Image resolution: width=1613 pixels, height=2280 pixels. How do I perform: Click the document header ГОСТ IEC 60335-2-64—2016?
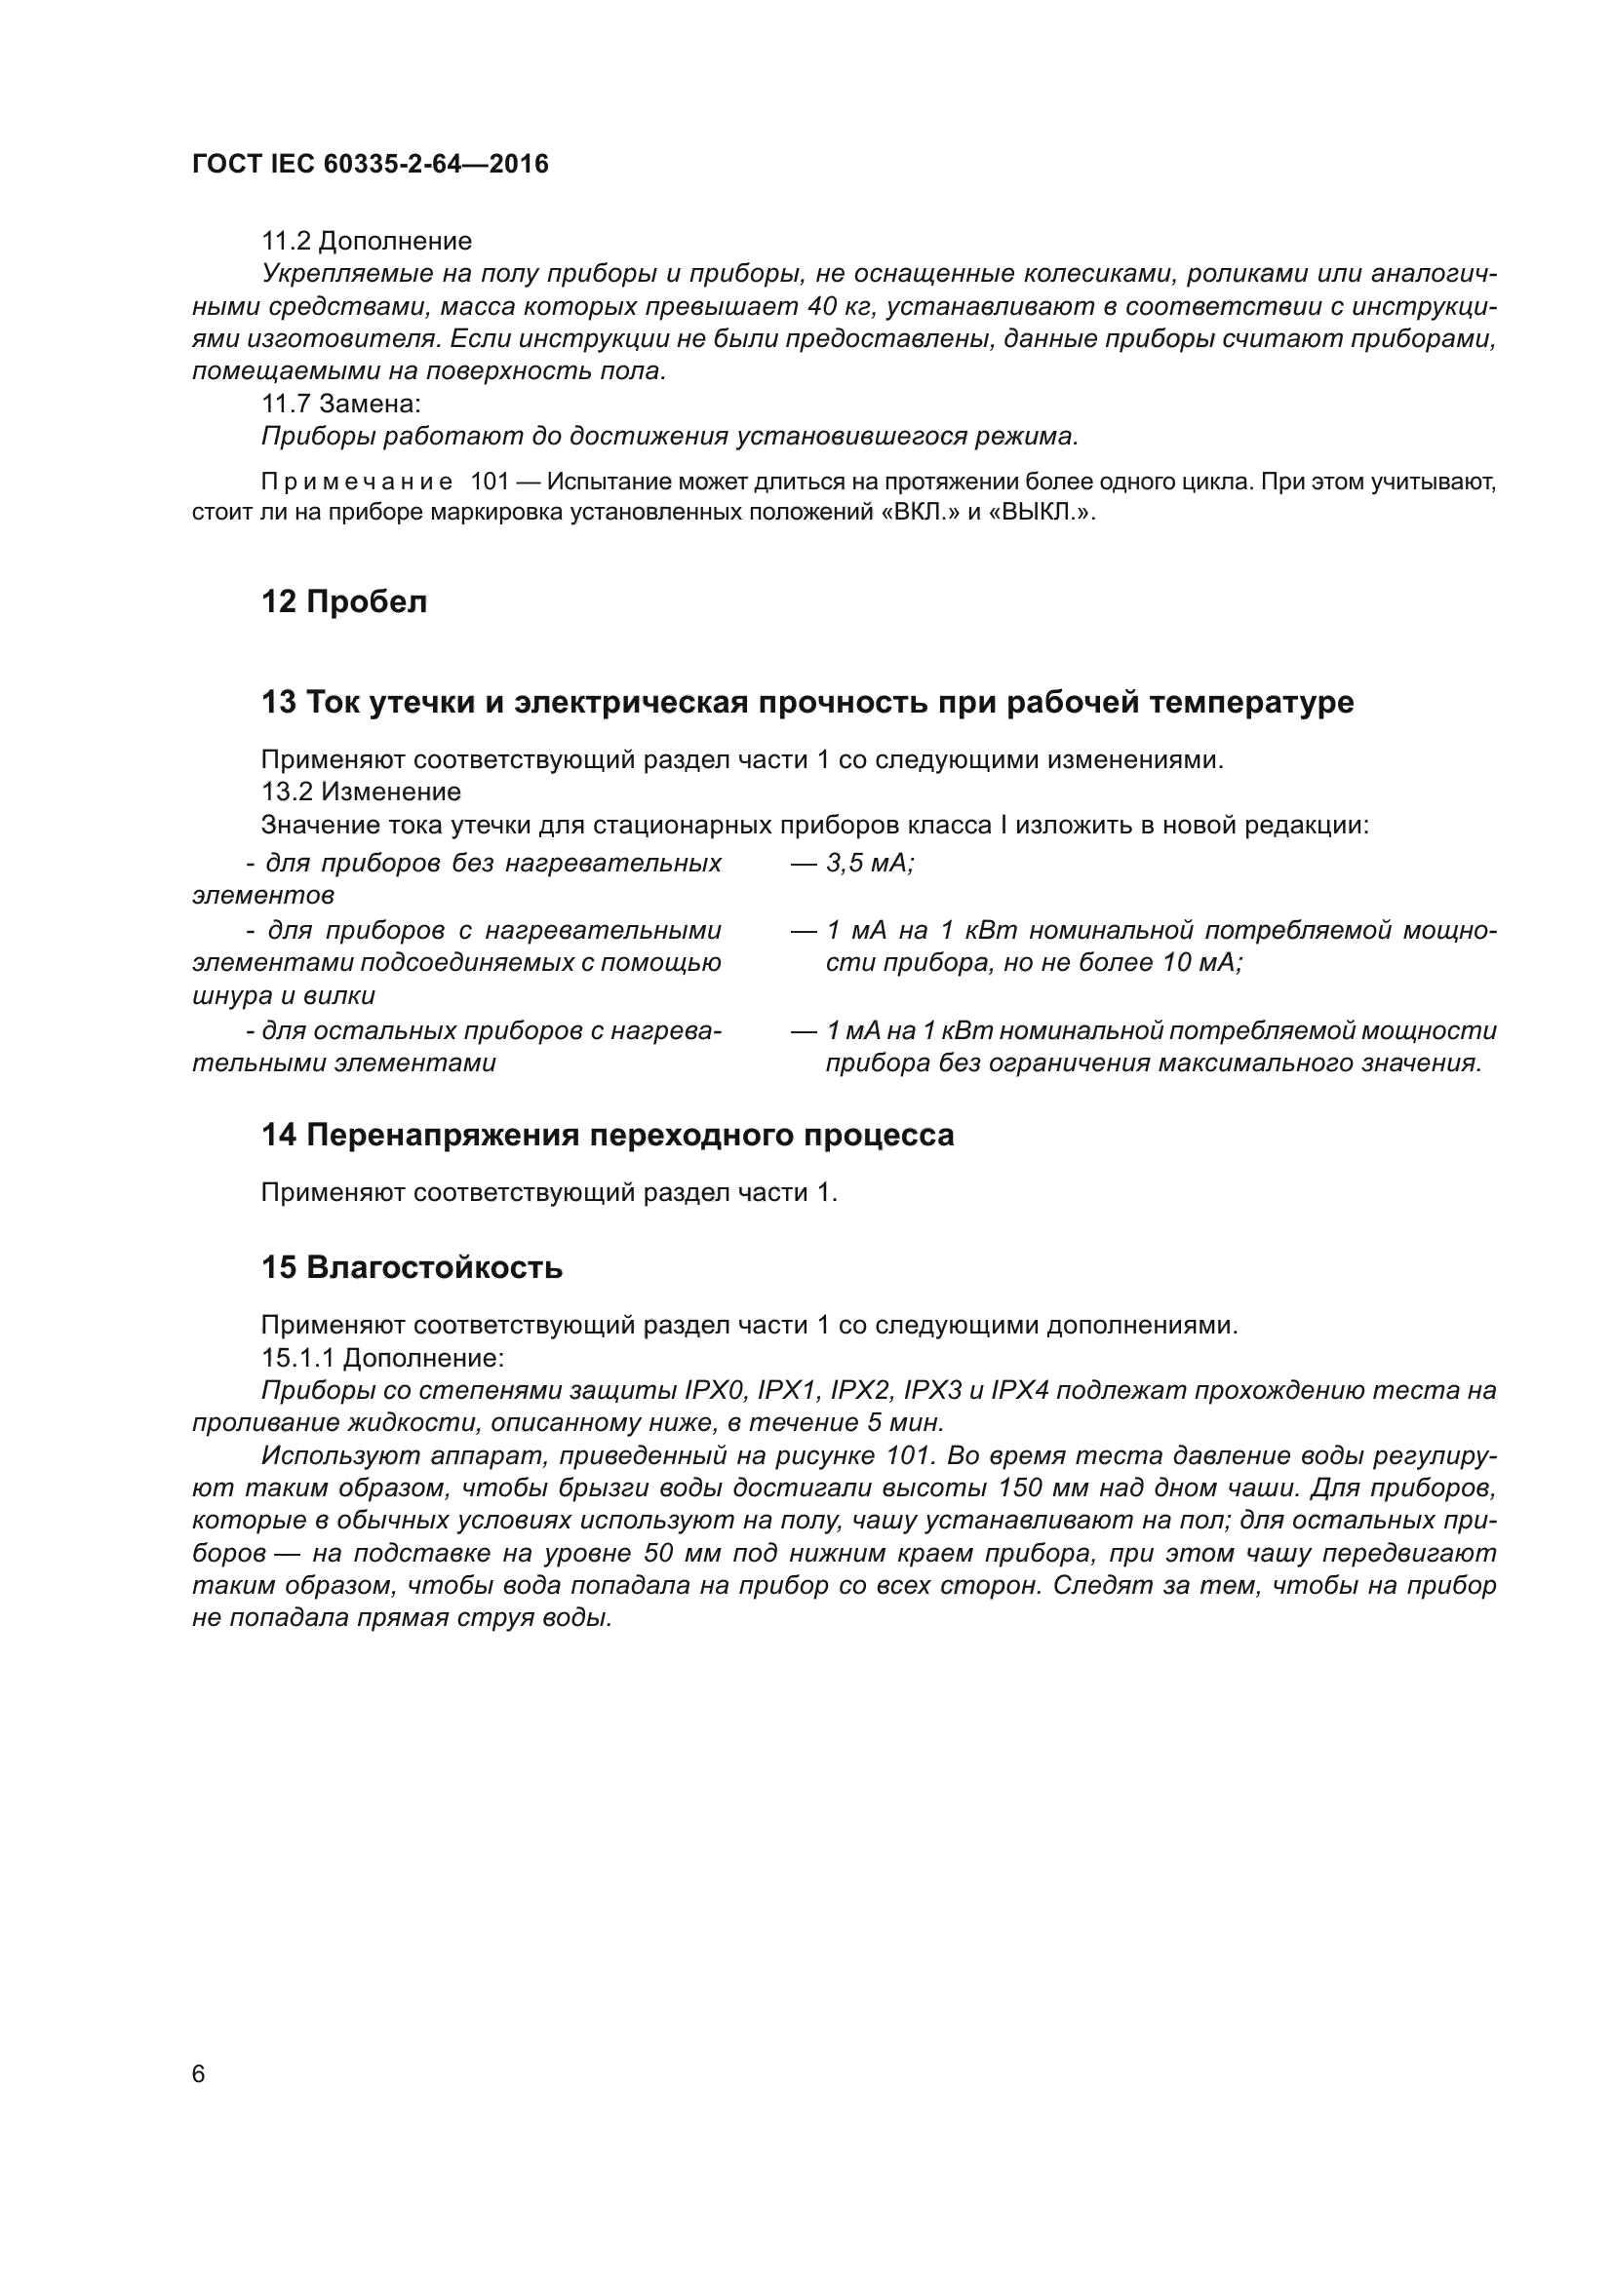point(370,164)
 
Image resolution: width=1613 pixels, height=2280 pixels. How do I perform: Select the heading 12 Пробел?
point(343,601)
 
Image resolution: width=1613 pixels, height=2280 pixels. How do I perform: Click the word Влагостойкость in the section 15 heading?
point(434,1268)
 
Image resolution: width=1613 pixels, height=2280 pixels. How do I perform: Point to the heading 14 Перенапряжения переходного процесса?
point(607,1135)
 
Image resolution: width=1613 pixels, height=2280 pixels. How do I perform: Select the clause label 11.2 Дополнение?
point(367,242)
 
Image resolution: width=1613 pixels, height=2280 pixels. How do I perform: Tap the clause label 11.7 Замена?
point(340,405)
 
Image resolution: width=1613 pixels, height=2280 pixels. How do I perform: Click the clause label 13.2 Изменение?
point(361,792)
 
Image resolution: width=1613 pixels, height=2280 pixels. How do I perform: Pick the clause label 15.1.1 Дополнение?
point(382,1359)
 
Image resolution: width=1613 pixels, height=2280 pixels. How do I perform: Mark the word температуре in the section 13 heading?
point(1251,702)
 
